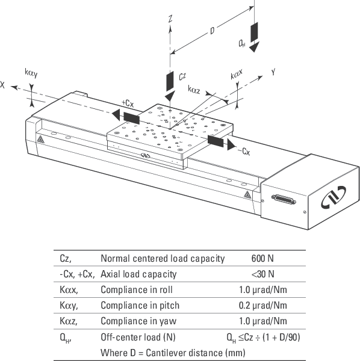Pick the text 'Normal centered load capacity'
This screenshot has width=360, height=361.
[163, 259]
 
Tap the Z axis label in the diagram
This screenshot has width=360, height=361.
[170, 20]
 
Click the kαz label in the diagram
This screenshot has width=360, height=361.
[194, 90]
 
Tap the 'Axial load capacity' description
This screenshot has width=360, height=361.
[138, 274]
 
